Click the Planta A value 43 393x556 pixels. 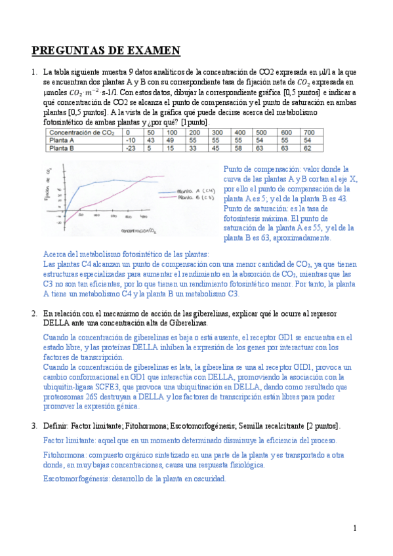point(150,140)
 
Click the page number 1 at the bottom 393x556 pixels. point(355,528)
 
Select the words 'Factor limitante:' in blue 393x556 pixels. point(70,440)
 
